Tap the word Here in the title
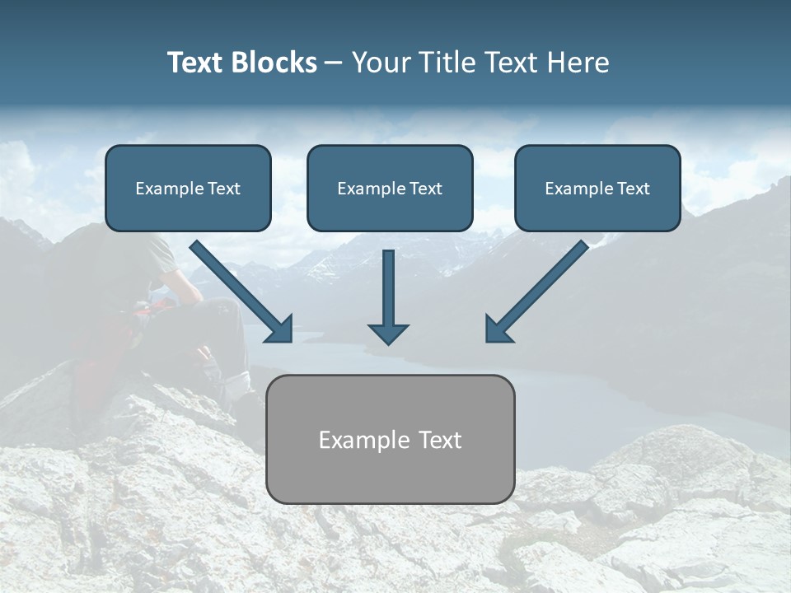coord(579,63)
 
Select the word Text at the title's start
coord(195,63)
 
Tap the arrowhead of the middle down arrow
coord(388,333)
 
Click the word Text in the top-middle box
coord(424,189)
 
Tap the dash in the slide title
coord(334,63)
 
